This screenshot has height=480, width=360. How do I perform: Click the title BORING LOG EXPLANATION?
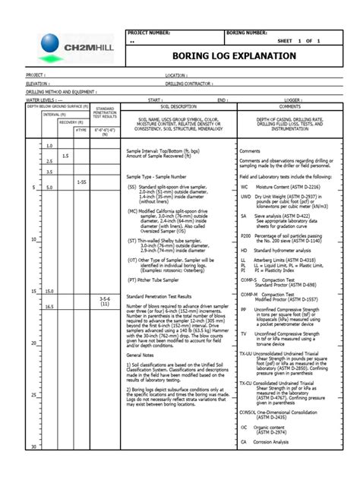[x=233, y=56]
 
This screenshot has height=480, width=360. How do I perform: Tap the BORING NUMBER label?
[x=246, y=33]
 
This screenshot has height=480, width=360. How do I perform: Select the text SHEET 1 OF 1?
[x=298, y=41]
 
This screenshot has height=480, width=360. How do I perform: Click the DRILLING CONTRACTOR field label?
[x=190, y=84]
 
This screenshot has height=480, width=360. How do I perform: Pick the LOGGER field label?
[x=294, y=99]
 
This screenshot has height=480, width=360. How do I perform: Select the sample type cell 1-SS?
[x=81, y=182]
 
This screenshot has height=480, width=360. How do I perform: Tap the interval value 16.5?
[x=49, y=306]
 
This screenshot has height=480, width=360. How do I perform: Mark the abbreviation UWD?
[x=246, y=197]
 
